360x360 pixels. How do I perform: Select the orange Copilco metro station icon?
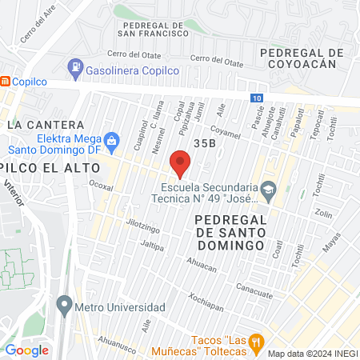pos(6,81)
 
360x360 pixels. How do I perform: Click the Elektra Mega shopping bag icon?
pos(111,142)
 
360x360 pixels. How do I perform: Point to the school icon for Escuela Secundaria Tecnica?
pos(268,190)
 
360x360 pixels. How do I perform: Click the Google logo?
pos(26,350)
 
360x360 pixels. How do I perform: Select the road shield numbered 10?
pos(254,98)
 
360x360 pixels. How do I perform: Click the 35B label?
pos(204,142)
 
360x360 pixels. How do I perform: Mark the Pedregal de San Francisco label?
pos(152,29)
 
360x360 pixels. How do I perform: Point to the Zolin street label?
pos(323,214)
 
